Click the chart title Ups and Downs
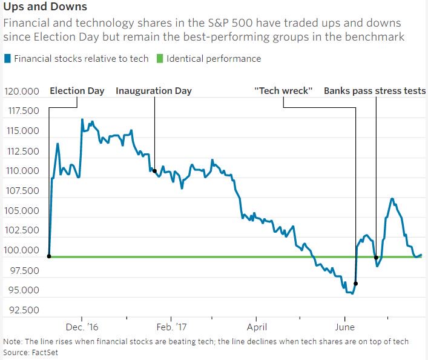pos(45,7)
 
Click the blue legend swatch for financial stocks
pos(7,59)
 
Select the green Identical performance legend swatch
pos(160,59)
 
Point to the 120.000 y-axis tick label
pos(22,92)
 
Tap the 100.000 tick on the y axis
pos(22,250)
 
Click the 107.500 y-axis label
pos(22,191)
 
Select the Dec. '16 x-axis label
pos(82,327)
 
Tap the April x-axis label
pos(257,327)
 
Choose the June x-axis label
pos(344,327)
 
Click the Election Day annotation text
pos(77,91)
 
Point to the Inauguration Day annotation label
pos(154,91)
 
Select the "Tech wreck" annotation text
pos(283,91)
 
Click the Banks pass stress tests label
pos(375,91)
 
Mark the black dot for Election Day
pos(48,256)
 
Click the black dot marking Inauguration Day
pos(154,171)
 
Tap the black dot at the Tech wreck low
pos(356,284)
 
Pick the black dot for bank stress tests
pos(377,257)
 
